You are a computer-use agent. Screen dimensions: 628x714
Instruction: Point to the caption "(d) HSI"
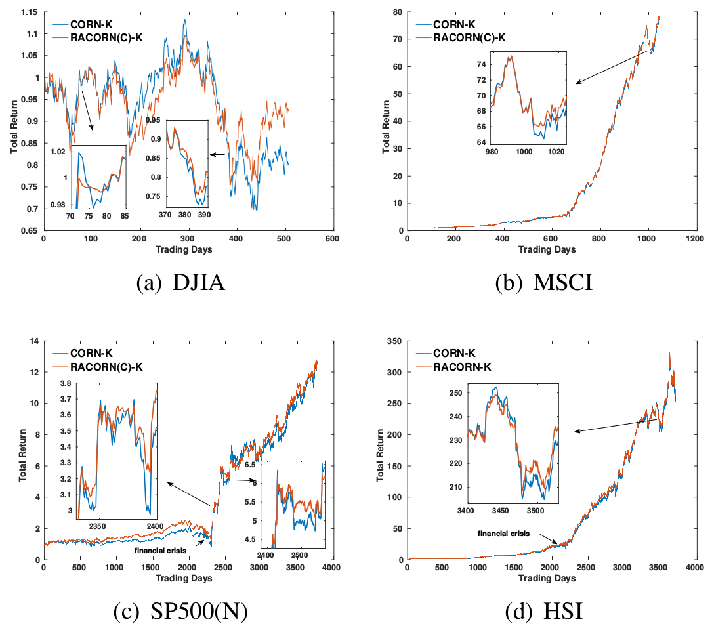coord(543,612)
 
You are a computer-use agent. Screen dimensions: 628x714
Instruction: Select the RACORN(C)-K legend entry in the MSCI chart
coord(469,37)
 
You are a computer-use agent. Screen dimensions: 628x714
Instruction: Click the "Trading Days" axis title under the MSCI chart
coord(547,250)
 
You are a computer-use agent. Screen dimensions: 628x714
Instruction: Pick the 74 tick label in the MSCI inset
coord(481,64)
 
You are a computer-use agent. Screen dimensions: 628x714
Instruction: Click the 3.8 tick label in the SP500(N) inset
coord(66,384)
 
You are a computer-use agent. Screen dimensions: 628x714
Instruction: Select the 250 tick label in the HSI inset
coord(453,393)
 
